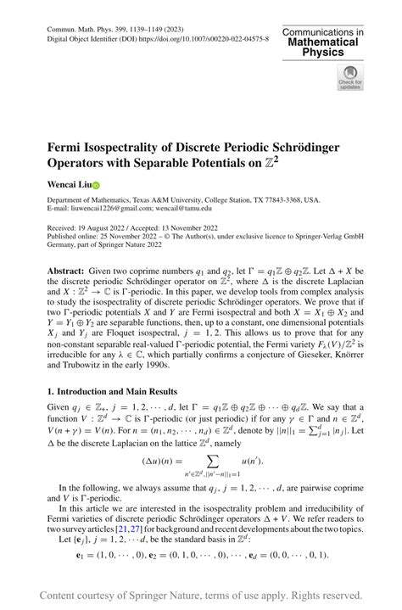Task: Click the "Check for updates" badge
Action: tap(349, 78)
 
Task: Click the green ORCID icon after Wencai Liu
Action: tap(95, 183)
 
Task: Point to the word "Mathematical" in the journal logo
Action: tap(323, 42)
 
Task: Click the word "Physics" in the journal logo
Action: tap(323, 52)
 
